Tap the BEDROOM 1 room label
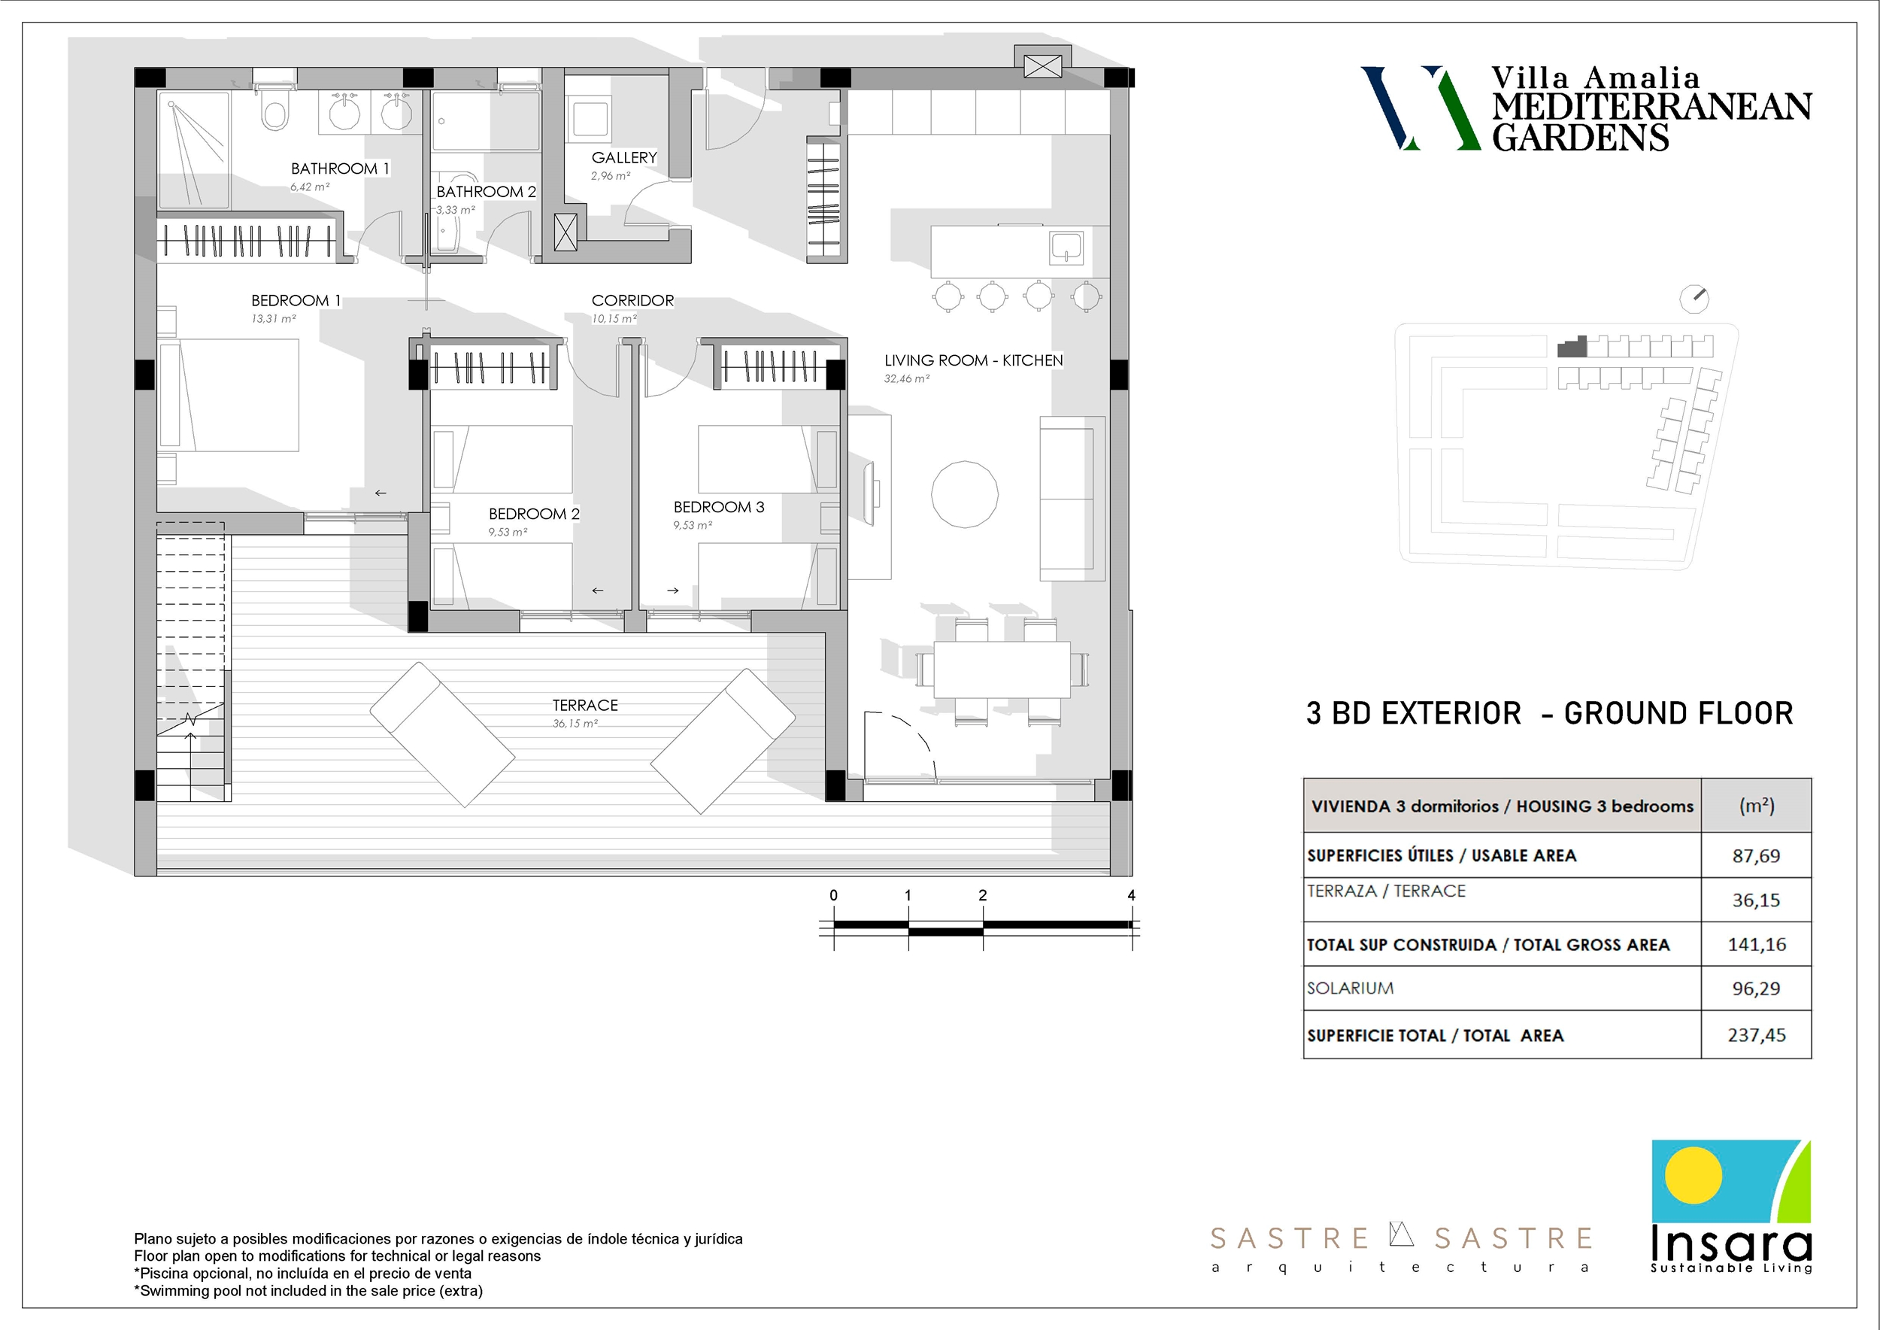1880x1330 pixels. (x=296, y=301)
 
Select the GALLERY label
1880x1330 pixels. (x=624, y=157)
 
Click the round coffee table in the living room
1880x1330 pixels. (x=965, y=493)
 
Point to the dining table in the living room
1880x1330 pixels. (x=1002, y=669)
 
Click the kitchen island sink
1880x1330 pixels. (x=1067, y=248)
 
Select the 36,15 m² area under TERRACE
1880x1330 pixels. (x=575, y=723)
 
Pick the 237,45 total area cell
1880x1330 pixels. (x=1757, y=1034)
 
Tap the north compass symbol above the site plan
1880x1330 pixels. (x=1694, y=299)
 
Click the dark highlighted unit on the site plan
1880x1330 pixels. (x=1572, y=348)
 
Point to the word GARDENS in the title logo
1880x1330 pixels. (x=1579, y=137)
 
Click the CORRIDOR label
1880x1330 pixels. (x=632, y=301)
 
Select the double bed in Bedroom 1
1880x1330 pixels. (x=229, y=395)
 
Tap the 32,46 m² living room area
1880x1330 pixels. (x=906, y=378)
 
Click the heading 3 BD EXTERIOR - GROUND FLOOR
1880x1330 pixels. (x=1549, y=713)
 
